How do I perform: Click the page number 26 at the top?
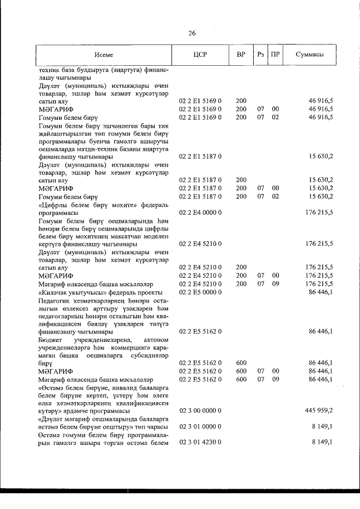(192, 33)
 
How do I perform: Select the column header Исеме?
(105, 55)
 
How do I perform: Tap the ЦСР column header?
(200, 55)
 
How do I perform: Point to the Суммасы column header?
(310, 55)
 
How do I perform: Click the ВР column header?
(241, 55)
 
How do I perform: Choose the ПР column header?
(275, 55)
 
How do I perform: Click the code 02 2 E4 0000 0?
(200, 213)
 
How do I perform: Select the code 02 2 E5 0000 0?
(200, 292)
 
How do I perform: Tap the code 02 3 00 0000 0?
(200, 411)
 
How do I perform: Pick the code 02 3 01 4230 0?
(200, 443)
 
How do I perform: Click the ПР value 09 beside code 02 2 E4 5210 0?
(275, 285)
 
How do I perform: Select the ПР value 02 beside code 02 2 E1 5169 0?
(275, 117)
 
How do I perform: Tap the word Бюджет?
(51, 340)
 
